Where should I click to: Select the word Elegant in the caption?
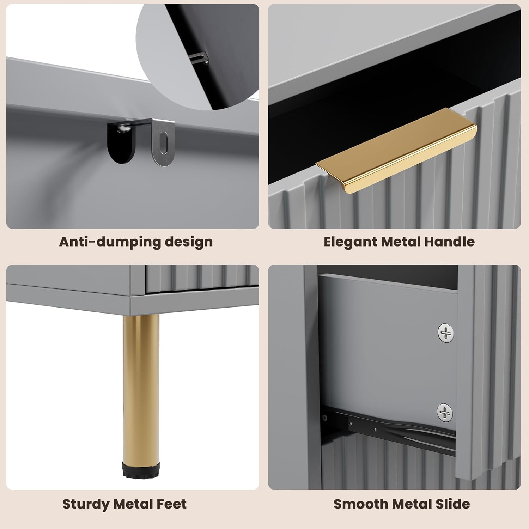(x=351, y=242)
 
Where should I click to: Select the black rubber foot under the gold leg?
(x=141, y=469)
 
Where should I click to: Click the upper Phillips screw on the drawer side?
(x=446, y=333)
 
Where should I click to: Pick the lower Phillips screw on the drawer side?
(x=445, y=412)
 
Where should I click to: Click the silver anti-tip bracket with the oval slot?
(x=163, y=143)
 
